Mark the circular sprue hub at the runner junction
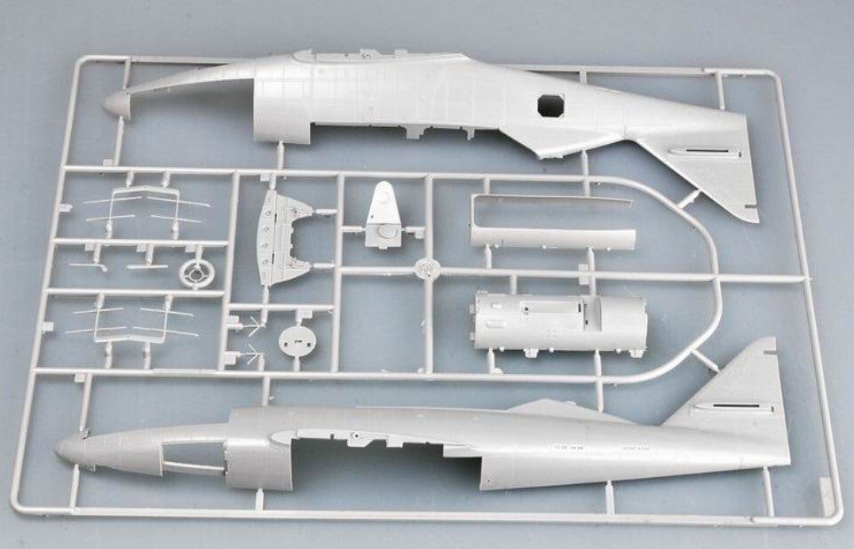click(426, 267)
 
